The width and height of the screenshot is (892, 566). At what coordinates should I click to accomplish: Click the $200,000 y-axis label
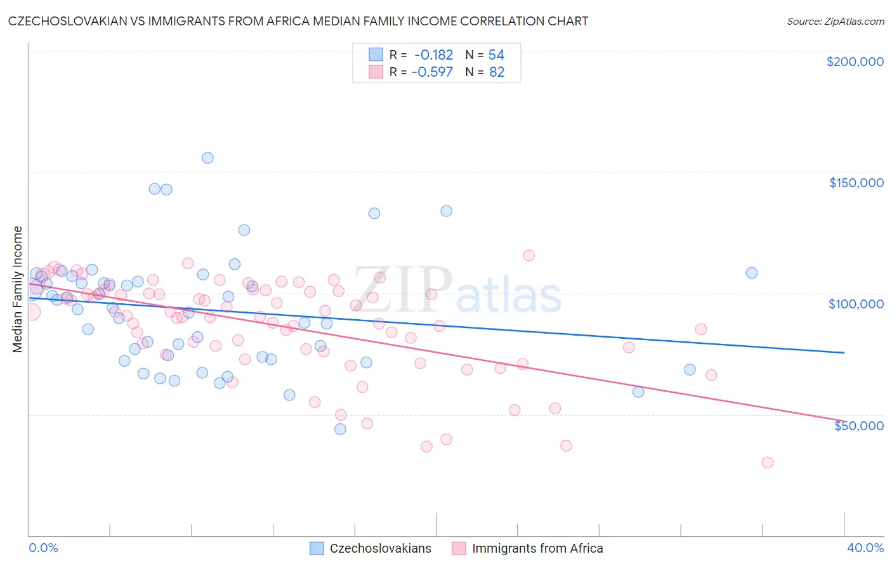[855, 62]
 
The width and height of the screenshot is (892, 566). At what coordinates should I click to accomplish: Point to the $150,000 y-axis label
[856, 183]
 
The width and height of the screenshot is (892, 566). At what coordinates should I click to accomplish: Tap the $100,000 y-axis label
[856, 304]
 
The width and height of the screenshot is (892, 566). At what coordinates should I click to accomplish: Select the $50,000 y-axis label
[858, 425]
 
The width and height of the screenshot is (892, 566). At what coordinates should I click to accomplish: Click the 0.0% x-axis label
[43, 548]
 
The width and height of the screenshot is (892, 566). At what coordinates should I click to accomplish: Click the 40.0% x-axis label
[865, 548]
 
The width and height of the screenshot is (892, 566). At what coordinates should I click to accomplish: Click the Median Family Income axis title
[18, 289]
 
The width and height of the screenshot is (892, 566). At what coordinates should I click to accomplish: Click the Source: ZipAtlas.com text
[835, 21]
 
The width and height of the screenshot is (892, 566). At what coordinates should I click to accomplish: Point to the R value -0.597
[432, 72]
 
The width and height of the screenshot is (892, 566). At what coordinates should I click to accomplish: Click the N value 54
[496, 55]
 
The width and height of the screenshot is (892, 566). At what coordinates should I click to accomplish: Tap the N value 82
[497, 72]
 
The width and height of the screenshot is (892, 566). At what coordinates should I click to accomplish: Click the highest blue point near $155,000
[207, 158]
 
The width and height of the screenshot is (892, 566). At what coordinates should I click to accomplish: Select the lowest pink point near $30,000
[767, 463]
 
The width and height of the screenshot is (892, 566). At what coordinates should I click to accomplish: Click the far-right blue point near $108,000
[752, 273]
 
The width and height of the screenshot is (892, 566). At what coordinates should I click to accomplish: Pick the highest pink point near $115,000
[528, 256]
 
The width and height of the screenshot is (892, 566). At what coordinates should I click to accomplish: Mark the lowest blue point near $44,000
[340, 429]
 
